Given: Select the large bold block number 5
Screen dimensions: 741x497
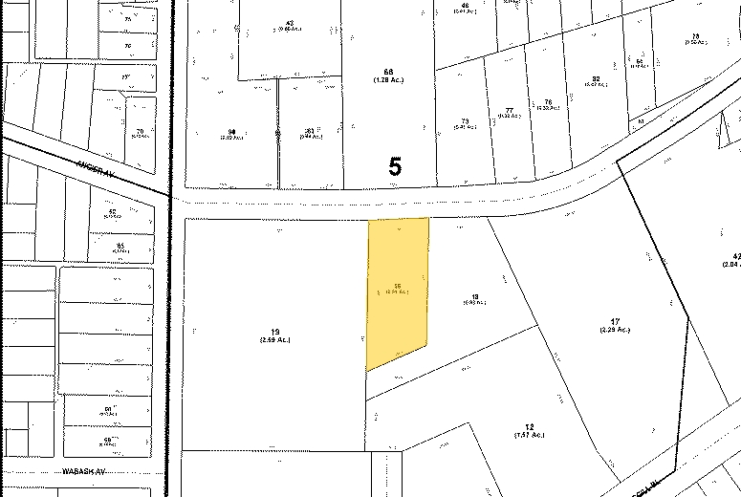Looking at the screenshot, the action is pos(395,166).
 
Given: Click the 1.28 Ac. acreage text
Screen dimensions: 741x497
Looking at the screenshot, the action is pos(388,80).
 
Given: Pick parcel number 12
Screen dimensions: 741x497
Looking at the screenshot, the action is pos(528,426).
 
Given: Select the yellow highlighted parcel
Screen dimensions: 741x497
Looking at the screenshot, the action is pos(398,287).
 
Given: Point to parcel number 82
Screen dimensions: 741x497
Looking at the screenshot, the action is pos(596,79).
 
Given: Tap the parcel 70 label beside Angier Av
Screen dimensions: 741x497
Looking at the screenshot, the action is pos(140,131).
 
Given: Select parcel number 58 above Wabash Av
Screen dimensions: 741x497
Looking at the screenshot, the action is pos(107,439).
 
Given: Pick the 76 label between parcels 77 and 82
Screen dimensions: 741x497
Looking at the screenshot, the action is pos(548,102).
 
